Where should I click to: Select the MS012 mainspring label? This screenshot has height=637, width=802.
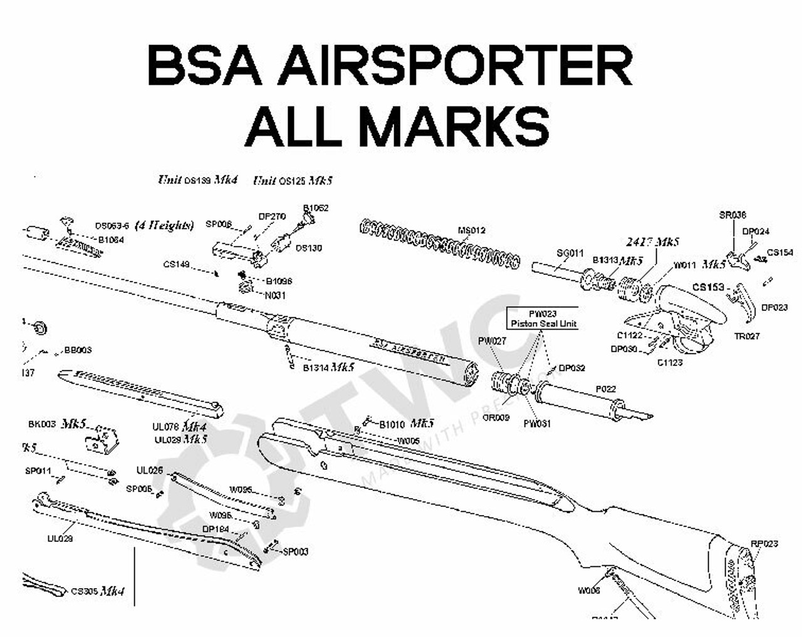click(471, 230)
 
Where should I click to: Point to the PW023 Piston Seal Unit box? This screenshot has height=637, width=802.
click(543, 318)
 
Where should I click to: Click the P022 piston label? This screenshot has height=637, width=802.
click(605, 389)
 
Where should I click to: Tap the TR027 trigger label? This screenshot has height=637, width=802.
click(746, 336)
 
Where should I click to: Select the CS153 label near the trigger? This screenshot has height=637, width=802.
click(708, 287)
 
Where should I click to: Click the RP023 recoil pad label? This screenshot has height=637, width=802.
click(764, 543)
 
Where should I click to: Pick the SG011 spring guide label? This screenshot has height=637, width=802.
click(570, 253)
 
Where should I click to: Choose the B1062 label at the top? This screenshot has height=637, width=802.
click(316, 208)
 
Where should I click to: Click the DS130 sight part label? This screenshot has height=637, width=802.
click(308, 248)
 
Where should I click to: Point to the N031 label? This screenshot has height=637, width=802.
click(275, 295)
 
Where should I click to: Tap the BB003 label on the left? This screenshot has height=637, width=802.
click(78, 350)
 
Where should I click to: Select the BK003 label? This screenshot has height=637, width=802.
click(42, 424)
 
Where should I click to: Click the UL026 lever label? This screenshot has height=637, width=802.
click(150, 471)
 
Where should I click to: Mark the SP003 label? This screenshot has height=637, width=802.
click(295, 552)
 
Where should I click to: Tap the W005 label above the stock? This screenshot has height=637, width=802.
click(409, 441)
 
